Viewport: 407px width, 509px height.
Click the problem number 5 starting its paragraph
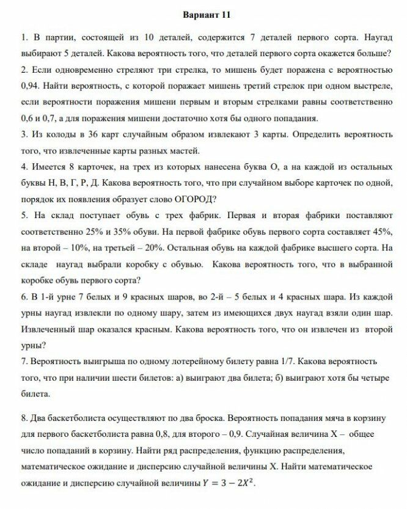pos(23,216)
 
